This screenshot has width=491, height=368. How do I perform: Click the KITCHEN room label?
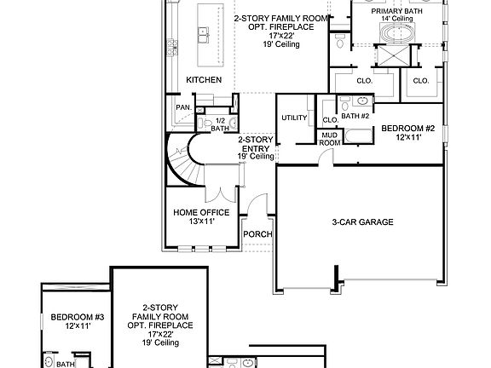pos(205,80)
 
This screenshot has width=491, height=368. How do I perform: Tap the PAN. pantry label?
pos(182,107)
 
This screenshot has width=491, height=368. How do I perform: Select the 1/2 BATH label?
pos(220,124)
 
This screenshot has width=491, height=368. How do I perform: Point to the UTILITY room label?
pos(294,118)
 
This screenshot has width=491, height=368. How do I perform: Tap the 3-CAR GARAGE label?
pos(362,222)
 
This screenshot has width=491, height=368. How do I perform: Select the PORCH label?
pos(257,234)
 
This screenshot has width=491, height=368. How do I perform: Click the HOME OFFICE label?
pos(201,212)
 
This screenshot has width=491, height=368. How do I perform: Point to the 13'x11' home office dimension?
pos(201,221)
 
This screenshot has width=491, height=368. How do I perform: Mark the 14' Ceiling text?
pos(397,18)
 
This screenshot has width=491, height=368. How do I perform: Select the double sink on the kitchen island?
pos(204,35)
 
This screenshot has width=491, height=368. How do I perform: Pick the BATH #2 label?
pos(354,116)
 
